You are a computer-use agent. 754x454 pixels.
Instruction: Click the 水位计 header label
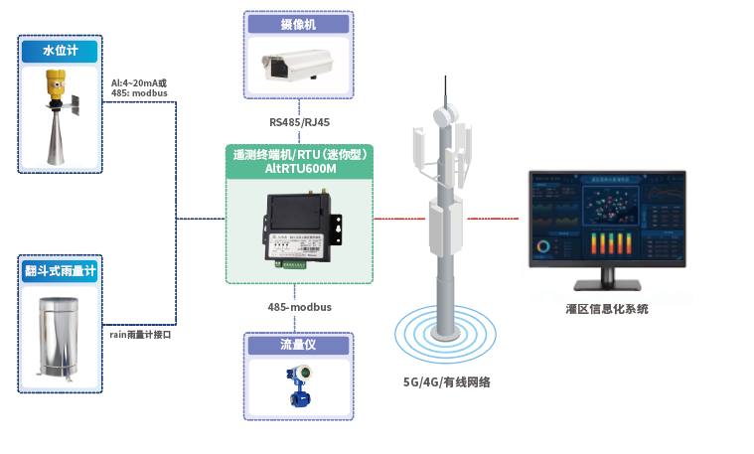click(60, 50)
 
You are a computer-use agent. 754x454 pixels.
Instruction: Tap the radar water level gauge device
click(59, 117)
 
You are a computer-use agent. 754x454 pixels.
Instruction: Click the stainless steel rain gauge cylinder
click(60, 338)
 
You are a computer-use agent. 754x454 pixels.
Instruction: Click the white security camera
click(299, 68)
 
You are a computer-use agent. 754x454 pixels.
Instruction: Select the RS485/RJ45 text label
click(299, 122)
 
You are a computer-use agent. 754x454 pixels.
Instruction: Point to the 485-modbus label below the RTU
click(299, 308)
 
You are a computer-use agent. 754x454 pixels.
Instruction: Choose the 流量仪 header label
click(299, 345)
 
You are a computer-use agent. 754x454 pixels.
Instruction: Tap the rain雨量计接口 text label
click(141, 335)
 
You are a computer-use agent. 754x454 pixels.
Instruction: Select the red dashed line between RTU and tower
click(397, 219)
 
